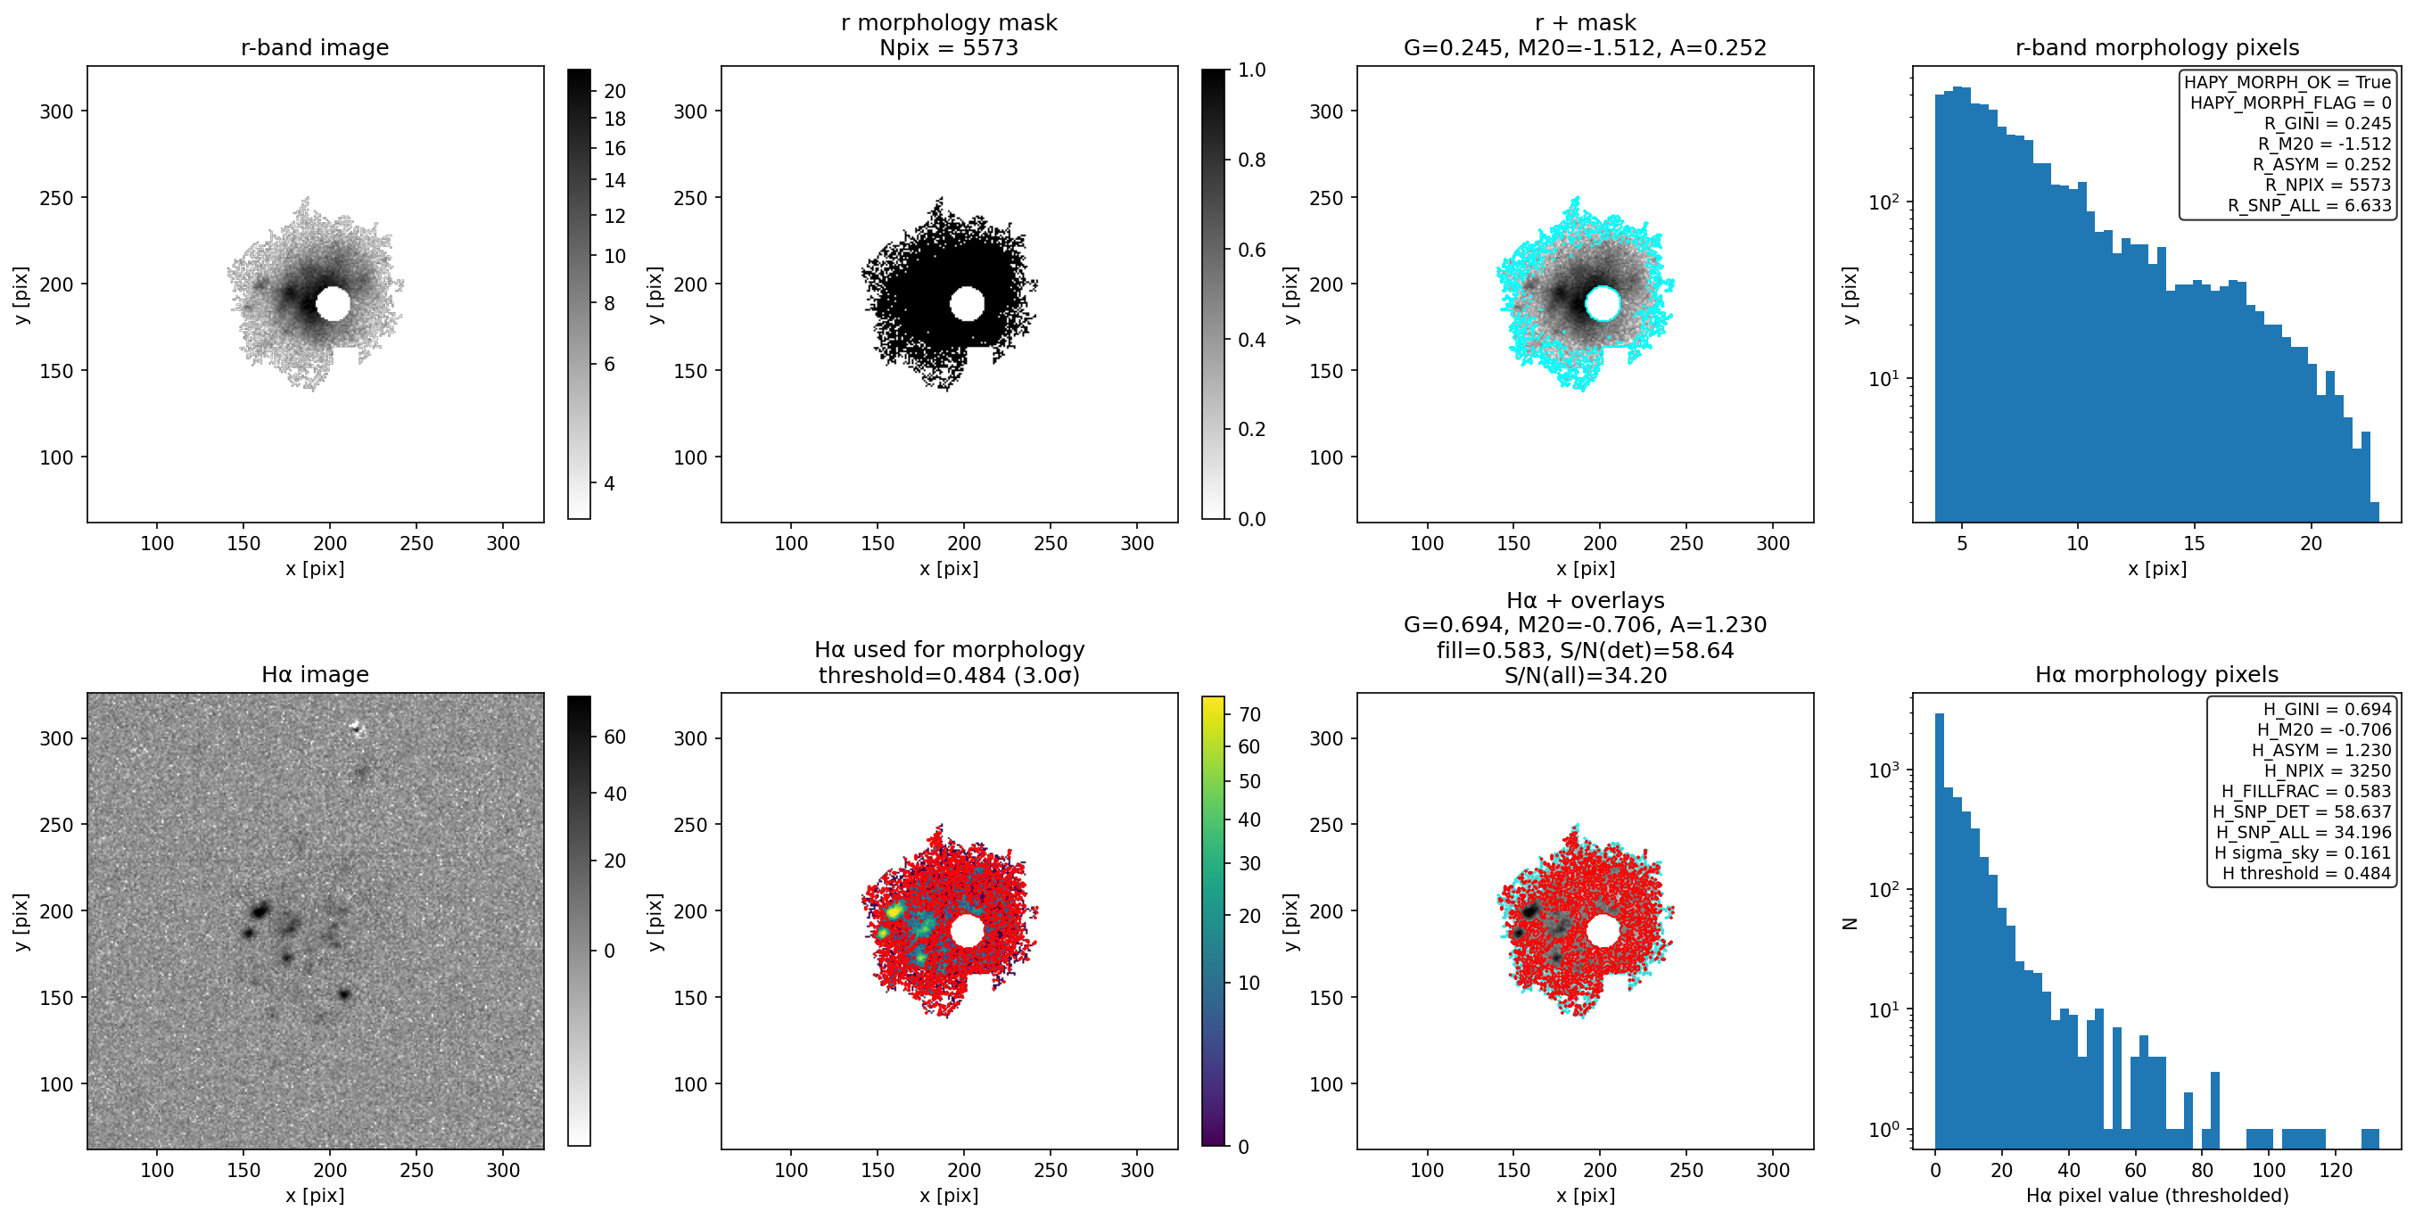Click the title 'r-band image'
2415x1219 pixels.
tap(314, 48)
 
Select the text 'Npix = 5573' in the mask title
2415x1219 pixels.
tap(949, 48)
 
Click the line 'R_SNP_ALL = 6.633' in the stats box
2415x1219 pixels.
tap(2309, 205)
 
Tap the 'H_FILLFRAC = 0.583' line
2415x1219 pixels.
tap(2306, 791)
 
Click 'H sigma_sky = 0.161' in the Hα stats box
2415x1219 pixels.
tap(2303, 852)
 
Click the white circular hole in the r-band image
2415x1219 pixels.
tap(333, 304)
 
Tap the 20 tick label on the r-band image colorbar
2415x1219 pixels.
tap(615, 91)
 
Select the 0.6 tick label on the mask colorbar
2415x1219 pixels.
tap(1251, 250)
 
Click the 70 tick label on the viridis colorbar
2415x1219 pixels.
tap(1249, 714)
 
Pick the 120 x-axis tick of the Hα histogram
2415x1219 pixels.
tap(2336, 1170)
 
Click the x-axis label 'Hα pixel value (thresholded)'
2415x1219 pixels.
tap(2157, 1196)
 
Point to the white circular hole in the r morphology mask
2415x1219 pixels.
tap(967, 304)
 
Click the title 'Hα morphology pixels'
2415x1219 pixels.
tap(2156, 675)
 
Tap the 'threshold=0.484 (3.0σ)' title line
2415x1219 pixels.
tap(949, 675)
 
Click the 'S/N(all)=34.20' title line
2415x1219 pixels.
tap(1586, 675)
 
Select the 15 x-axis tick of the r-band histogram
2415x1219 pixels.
tap(2194, 543)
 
